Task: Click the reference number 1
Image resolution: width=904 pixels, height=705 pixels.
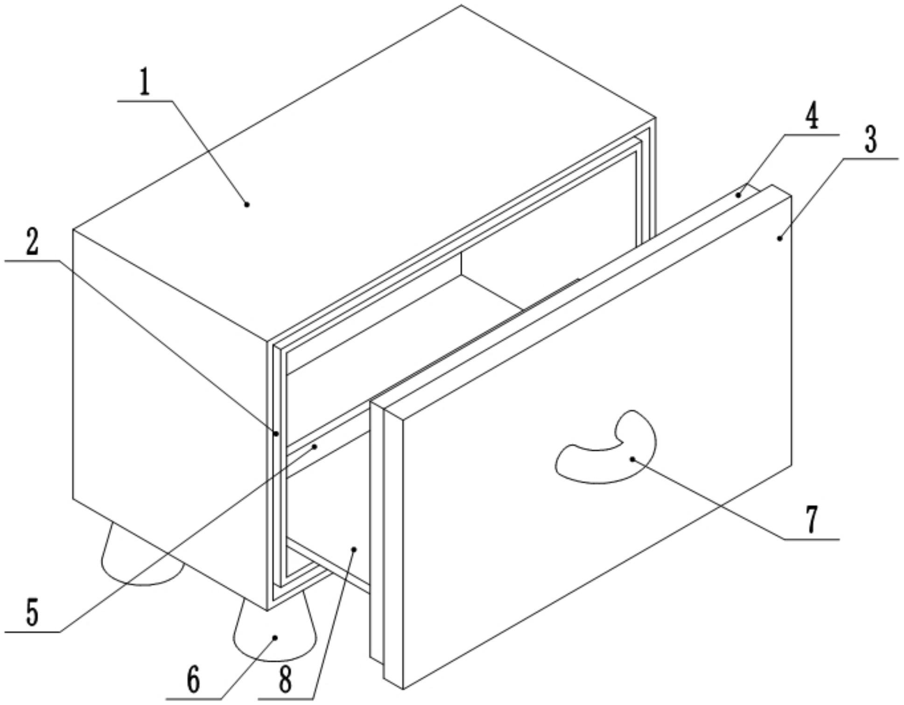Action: [145, 82]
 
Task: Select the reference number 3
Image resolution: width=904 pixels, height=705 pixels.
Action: [870, 140]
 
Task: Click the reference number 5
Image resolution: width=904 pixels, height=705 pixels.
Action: [32, 612]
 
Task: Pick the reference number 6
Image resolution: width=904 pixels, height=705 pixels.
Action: [193, 680]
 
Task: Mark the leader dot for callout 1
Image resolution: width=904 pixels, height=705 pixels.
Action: [247, 204]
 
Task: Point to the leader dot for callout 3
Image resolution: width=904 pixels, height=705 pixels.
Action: [779, 238]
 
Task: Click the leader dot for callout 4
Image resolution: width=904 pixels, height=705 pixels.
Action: [738, 195]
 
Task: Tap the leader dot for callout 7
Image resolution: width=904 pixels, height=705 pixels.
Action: [632, 459]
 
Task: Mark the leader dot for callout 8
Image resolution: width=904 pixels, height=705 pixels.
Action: [354, 549]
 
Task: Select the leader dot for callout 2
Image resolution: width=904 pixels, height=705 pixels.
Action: [276, 434]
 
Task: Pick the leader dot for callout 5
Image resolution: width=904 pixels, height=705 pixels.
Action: [315, 447]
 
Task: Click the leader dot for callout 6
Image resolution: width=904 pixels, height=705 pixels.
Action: [275, 638]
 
